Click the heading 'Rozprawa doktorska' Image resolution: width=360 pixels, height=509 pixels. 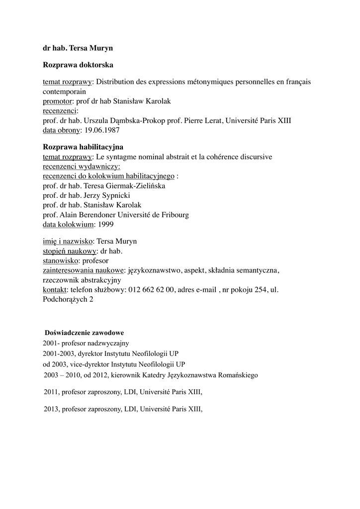click(78, 65)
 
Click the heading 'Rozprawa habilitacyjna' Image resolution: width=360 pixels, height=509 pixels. click(83, 147)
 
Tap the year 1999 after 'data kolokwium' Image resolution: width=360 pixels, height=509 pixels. click(106, 224)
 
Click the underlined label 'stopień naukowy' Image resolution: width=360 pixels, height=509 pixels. click(70, 251)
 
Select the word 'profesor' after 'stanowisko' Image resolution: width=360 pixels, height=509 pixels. click(95, 260)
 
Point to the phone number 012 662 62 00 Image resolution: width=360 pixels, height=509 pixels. click(151, 290)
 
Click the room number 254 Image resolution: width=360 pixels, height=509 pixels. click(261, 290)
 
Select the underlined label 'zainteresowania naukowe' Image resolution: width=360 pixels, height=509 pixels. click(84, 270)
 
